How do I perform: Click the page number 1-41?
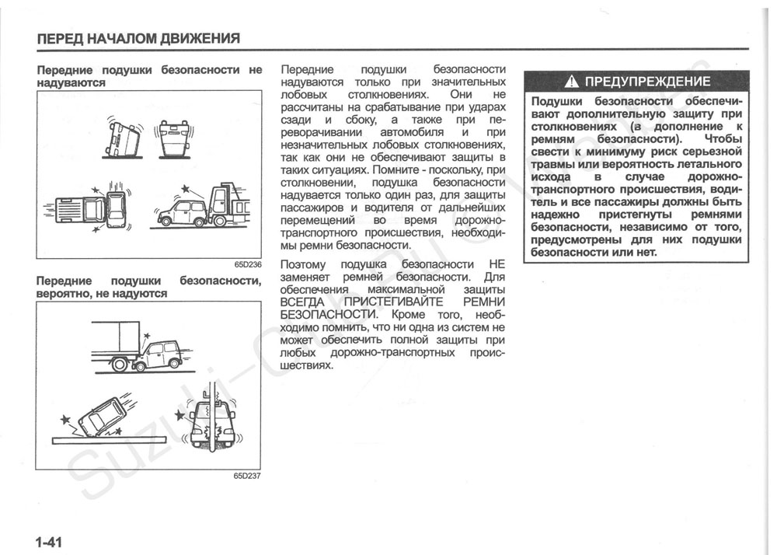point(48,542)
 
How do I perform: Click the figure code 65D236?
point(247,265)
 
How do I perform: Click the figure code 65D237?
point(247,476)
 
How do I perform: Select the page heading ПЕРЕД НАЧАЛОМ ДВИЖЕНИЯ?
point(138,38)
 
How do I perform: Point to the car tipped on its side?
point(123,138)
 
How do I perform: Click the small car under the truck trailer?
point(159,354)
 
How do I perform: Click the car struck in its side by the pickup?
point(116,209)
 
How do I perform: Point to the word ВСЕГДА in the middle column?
point(303,302)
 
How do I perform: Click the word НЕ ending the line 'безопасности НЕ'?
point(497,264)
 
